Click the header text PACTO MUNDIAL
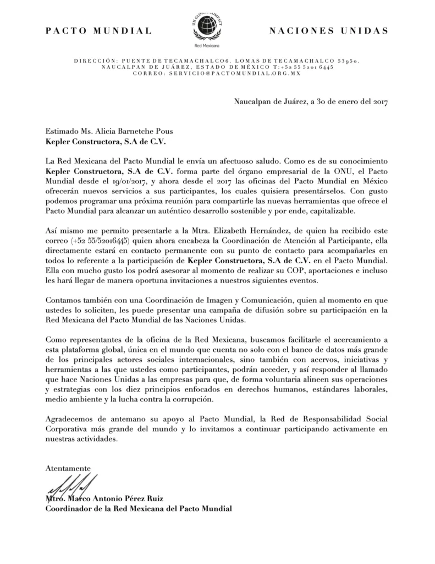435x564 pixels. coord(99,31)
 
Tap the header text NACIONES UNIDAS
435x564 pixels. coord(328,31)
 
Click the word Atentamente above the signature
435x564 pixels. coord(68,468)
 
